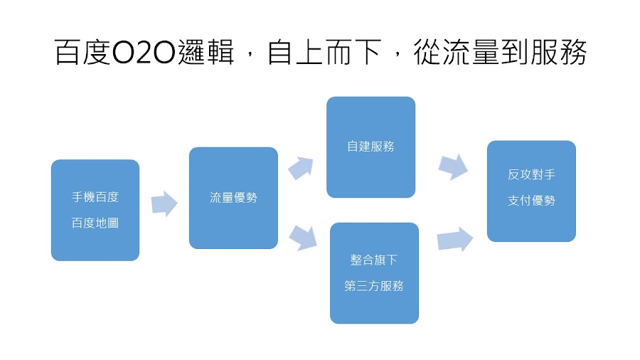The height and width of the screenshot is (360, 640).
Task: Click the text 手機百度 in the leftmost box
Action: tap(95, 197)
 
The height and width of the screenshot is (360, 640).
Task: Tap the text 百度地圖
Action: tap(95, 223)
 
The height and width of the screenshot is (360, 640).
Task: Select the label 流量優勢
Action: tap(233, 198)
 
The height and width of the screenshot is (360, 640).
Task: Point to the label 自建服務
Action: tap(370, 147)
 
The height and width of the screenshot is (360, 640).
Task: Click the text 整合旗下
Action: tap(374, 260)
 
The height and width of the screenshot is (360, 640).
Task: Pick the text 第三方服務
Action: tap(374, 286)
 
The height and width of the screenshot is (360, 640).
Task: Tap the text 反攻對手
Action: tap(531, 174)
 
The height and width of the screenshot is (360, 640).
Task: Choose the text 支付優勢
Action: tap(531, 201)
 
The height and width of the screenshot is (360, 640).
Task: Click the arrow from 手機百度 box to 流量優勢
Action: tap(164, 203)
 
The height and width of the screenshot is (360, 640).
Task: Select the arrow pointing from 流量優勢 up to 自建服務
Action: tap(300, 168)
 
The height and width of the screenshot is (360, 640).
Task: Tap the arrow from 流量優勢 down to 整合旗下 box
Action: tap(302, 237)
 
